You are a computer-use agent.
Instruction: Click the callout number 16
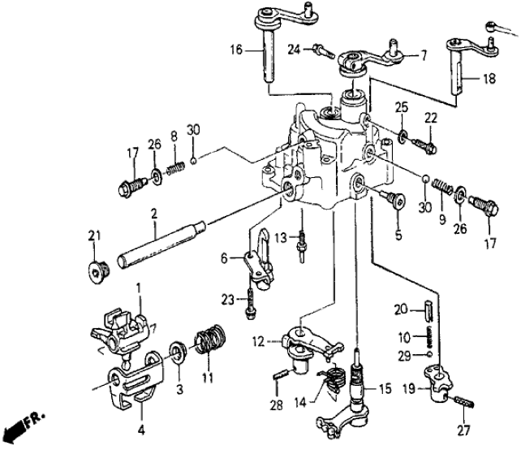tap(235, 50)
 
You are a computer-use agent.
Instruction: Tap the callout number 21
tap(93, 236)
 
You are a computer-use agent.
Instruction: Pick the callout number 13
tap(278, 237)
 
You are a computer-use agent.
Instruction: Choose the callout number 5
tap(398, 236)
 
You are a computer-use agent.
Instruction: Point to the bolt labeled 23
tap(251, 305)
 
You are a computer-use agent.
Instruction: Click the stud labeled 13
tap(301, 240)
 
